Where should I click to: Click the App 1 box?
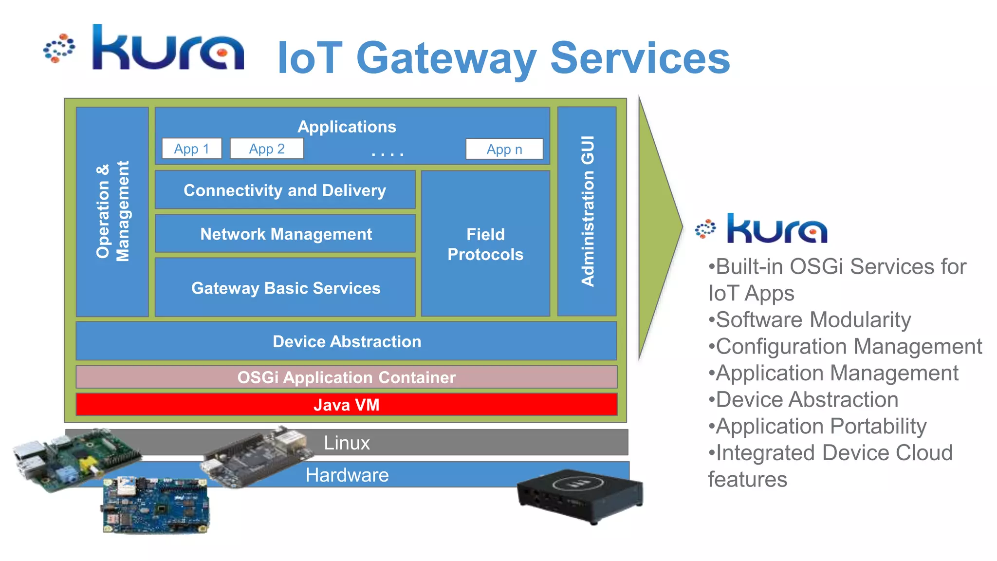point(192,149)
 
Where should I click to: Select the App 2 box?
point(267,149)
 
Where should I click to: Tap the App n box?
point(504,149)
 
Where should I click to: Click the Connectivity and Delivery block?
point(285,190)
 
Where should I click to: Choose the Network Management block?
point(286,234)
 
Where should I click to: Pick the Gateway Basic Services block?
point(286,288)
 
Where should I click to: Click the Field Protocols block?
point(485,244)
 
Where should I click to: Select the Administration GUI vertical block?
point(587,211)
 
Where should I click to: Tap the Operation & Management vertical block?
point(112,211)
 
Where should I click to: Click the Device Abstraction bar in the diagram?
point(347,341)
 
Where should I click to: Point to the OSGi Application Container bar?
point(347,377)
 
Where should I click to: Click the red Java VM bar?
point(347,405)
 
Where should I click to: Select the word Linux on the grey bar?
point(347,443)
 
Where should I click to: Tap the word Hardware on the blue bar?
point(347,475)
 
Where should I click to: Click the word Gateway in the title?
point(446,58)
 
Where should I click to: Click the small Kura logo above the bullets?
point(762,228)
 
